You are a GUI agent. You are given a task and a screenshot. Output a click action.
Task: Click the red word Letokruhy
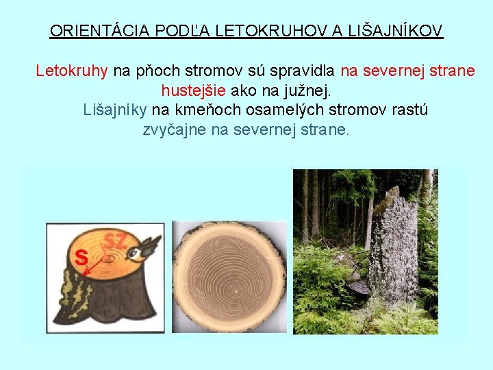[72, 71]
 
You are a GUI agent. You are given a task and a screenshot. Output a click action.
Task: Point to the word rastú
[409, 110]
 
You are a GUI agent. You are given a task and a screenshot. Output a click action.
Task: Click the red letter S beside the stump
[81, 258]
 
